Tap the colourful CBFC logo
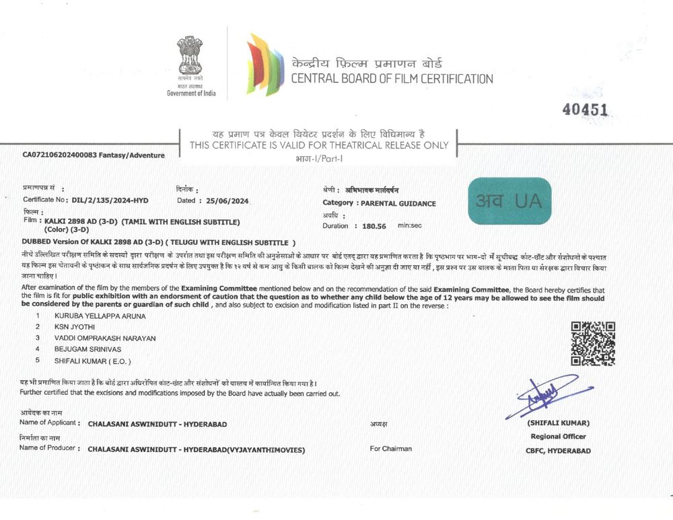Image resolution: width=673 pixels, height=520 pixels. click(x=265, y=64)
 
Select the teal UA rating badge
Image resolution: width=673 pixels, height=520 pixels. click(x=509, y=200)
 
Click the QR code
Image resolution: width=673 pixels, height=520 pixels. click(x=593, y=344)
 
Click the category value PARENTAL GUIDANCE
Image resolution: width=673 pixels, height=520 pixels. click(x=398, y=203)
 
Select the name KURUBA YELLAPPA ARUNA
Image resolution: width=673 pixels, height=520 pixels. click(x=100, y=315)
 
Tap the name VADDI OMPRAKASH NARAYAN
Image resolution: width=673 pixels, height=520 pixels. click(x=105, y=338)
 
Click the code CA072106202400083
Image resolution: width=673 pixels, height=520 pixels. click(x=60, y=155)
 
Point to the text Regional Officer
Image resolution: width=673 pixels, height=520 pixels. click(x=549, y=437)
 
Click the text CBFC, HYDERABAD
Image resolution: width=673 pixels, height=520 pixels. click(x=549, y=451)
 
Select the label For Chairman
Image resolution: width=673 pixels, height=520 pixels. click(x=390, y=449)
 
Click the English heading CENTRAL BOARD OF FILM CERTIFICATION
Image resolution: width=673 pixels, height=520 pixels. click(x=392, y=79)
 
